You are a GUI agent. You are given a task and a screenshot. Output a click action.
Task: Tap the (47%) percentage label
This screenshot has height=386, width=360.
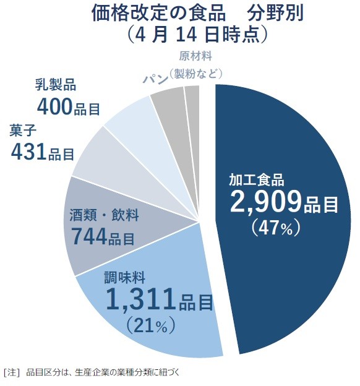276,228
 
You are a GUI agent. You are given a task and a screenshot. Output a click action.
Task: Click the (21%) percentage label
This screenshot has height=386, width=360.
148,324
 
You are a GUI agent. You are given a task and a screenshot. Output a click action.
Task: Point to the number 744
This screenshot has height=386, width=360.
89,236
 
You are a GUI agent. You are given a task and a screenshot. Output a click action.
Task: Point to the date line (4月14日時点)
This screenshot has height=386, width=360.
197,34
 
